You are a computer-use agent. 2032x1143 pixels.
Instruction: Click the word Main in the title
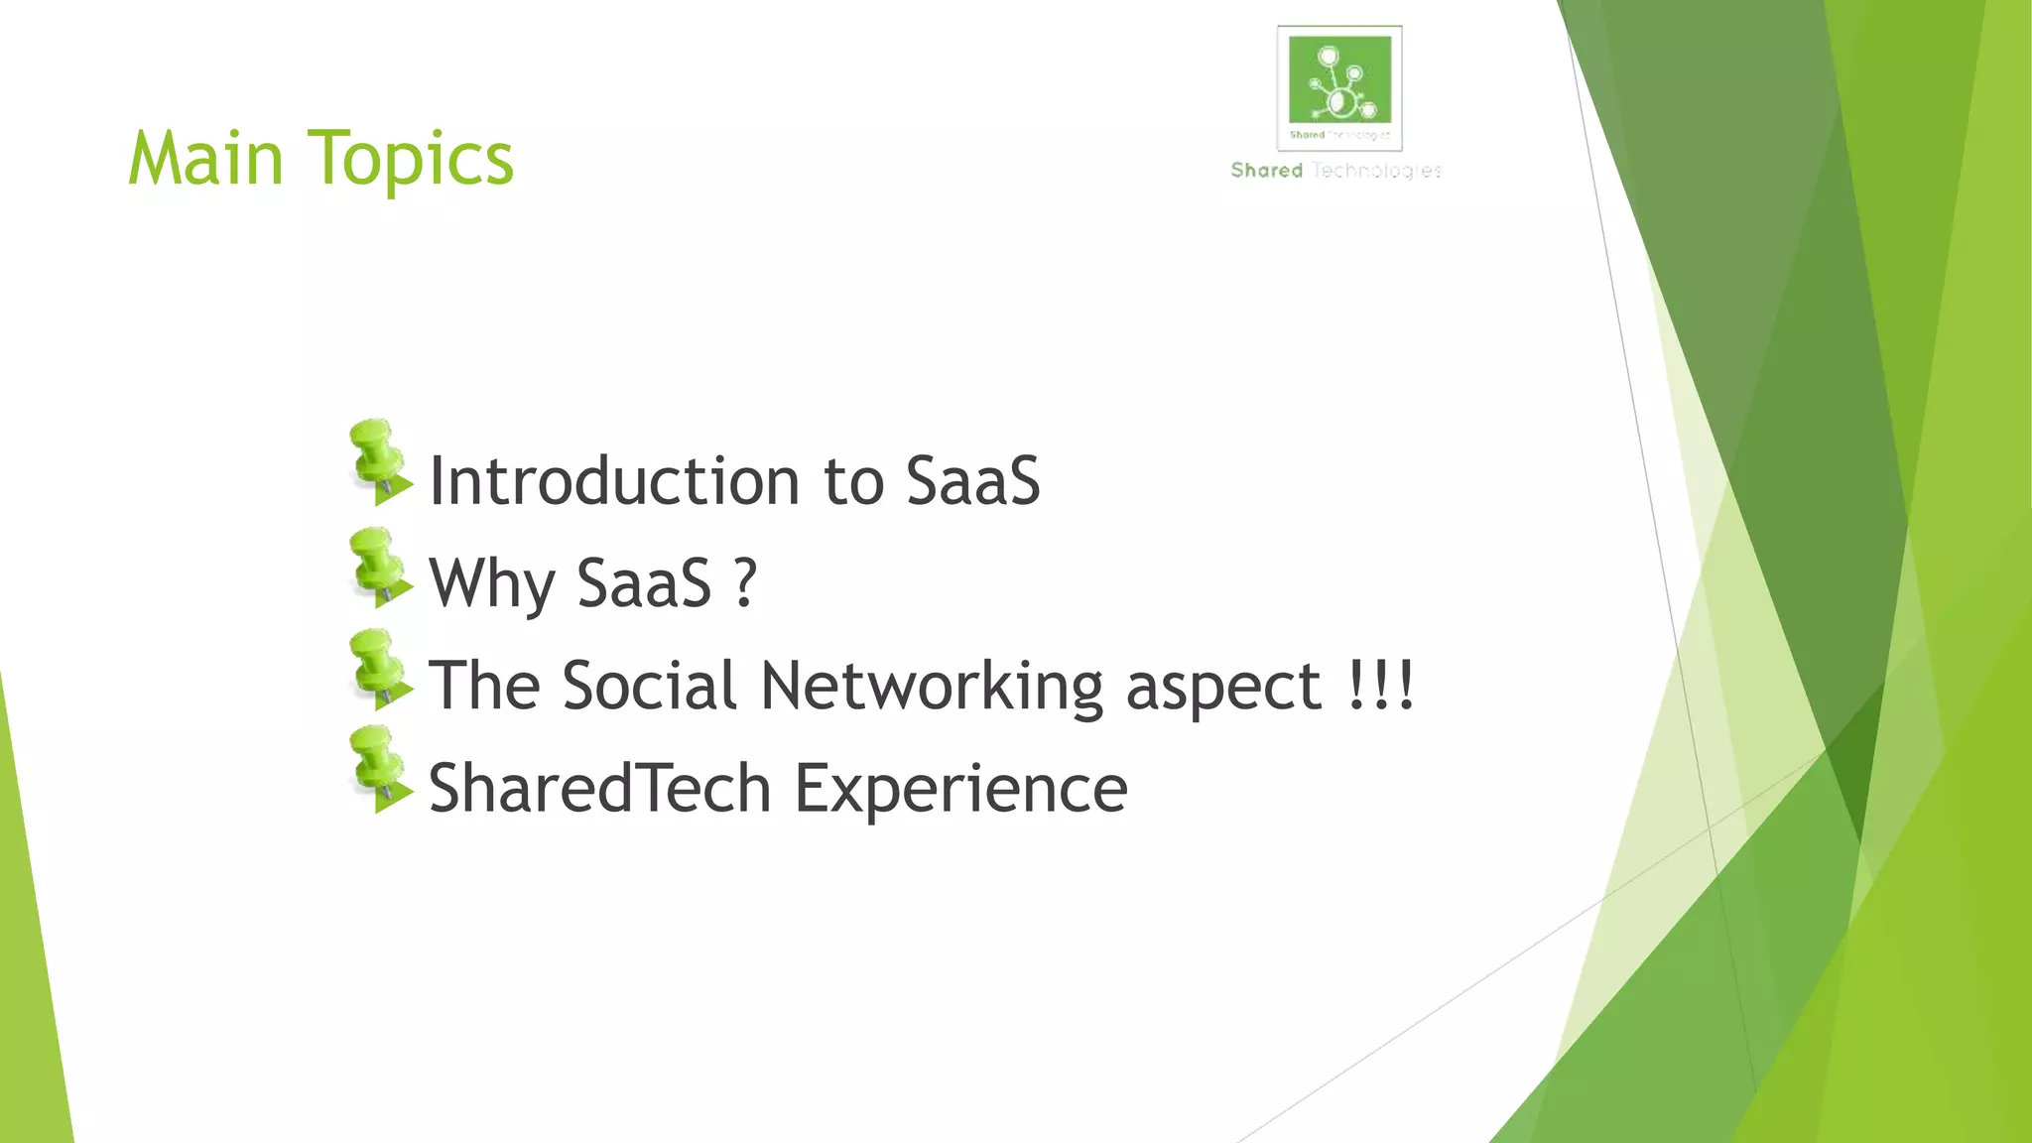click(206, 160)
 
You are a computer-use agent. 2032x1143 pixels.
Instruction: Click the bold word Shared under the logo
click(1266, 171)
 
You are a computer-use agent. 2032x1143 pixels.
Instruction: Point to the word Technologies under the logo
click(1376, 171)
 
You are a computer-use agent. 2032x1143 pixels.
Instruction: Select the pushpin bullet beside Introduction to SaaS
click(378, 462)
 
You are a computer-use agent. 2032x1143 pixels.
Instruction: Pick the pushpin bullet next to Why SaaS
click(378, 568)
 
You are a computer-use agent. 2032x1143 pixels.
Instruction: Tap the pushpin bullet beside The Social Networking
click(378, 670)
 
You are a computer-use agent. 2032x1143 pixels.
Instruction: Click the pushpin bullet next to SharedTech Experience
click(378, 771)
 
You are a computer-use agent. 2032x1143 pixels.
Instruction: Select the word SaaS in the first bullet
click(972, 482)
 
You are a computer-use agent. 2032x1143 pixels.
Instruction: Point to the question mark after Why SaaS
click(745, 582)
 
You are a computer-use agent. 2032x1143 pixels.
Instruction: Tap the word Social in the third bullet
click(650, 686)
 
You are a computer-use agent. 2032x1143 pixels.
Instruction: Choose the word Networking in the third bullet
click(932, 688)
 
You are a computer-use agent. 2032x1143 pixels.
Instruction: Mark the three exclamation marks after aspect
click(1381, 685)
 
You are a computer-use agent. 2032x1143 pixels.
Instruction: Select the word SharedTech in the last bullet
click(600, 789)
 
